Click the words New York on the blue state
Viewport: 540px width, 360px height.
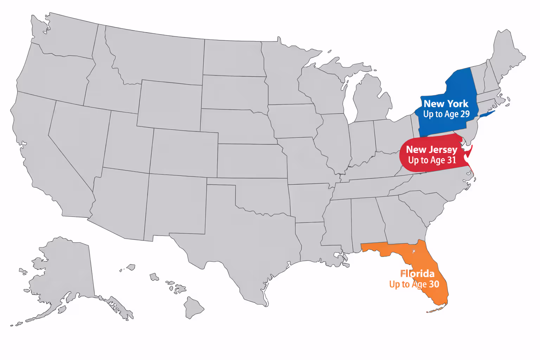(x=446, y=104)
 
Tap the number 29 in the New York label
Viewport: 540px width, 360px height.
(x=465, y=114)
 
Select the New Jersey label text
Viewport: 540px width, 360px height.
(x=431, y=150)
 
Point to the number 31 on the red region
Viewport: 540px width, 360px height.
(x=451, y=160)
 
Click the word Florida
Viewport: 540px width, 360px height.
(x=417, y=274)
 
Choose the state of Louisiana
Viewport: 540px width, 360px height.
(x=311, y=243)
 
